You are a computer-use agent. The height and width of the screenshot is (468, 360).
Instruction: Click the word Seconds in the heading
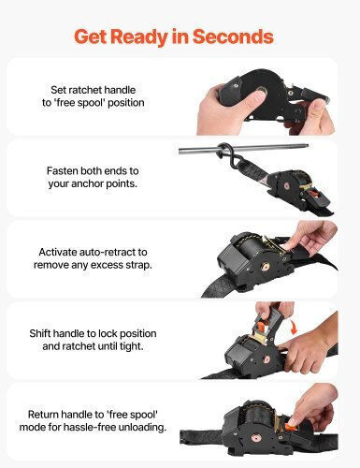click(233, 37)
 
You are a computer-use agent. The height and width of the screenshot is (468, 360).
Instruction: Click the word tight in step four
click(132, 346)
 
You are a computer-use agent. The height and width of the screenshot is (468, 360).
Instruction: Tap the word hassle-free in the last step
click(93, 427)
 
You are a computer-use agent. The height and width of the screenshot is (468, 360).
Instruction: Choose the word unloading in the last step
click(145, 427)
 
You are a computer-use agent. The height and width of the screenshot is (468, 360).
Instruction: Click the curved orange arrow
click(292, 326)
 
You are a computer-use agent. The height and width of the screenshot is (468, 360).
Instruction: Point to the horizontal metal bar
click(243, 149)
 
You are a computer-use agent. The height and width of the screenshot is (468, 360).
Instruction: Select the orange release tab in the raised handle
click(261, 327)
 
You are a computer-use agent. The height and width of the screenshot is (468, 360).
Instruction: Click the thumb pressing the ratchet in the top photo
click(250, 97)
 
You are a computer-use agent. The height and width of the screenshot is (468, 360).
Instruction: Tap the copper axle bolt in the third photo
click(266, 267)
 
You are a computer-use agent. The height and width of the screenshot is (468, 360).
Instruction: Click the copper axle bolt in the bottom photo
click(256, 438)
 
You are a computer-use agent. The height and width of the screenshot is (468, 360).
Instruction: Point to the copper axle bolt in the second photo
click(286, 186)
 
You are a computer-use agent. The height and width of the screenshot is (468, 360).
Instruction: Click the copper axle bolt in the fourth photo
click(266, 358)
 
